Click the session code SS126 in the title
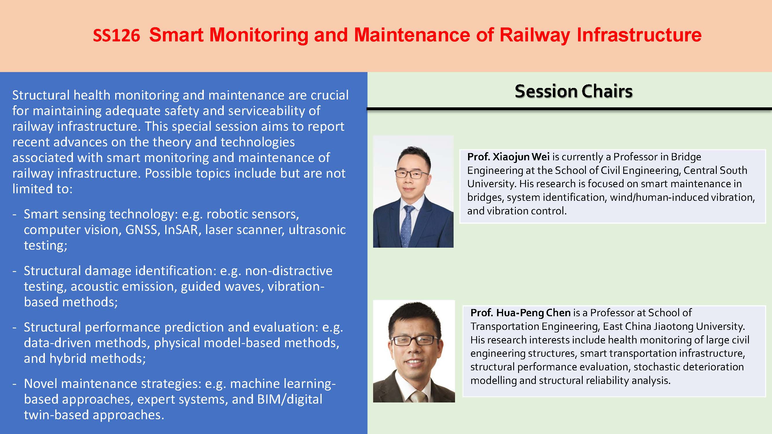pos(116,35)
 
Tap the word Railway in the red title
pos(535,35)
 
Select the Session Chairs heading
pos(574,91)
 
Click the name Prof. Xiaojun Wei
pos(508,157)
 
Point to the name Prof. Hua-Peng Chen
pos(520,313)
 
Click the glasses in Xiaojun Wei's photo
pos(412,173)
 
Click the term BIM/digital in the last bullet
pos(289,399)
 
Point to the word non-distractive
pos(289,271)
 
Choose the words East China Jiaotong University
pos(673,326)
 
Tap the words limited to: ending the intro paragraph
pos(42,189)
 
